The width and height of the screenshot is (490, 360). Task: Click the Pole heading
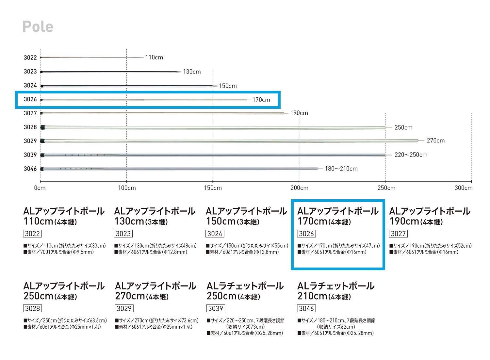click(x=38, y=27)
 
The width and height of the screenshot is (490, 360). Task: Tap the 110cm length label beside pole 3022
click(x=154, y=57)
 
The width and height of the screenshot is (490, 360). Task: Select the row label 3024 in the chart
click(x=30, y=86)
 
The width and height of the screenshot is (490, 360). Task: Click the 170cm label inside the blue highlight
click(x=261, y=100)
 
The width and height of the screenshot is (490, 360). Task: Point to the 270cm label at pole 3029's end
click(x=436, y=141)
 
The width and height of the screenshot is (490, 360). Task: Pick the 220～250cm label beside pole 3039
click(x=411, y=155)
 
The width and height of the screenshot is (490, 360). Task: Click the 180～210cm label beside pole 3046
click(x=341, y=169)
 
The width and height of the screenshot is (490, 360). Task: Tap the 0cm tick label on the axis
click(x=40, y=188)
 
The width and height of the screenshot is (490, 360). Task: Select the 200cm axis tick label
click(x=299, y=188)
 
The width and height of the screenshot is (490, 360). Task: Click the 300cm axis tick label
click(x=464, y=188)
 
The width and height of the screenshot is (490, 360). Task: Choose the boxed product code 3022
click(x=32, y=234)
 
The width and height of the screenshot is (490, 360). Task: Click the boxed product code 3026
click(x=306, y=234)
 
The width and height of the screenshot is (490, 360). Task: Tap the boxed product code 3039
click(x=216, y=308)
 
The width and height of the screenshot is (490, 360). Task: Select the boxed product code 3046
click(x=306, y=308)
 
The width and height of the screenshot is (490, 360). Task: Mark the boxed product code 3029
click(x=124, y=308)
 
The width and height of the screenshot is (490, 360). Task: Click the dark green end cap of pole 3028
click(x=42, y=127)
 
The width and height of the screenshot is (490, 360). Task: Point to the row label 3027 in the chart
click(x=30, y=113)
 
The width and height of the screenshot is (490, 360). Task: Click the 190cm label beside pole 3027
click(x=299, y=113)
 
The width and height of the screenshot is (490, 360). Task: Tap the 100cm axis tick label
click(x=127, y=188)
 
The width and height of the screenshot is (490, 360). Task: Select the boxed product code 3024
click(x=215, y=234)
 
